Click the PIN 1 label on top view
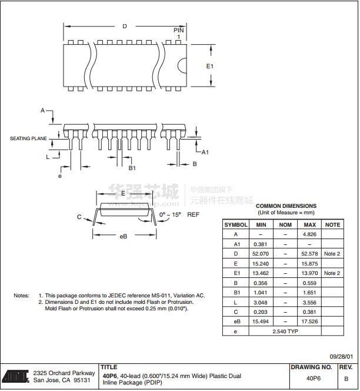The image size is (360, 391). coord(179,33)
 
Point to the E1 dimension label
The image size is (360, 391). coord(210,66)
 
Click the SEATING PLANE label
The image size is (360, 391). coord(28,138)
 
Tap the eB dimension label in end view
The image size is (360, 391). coord(124,236)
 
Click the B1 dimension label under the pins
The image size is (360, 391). coord(132,168)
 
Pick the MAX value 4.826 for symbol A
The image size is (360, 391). coord(309,234)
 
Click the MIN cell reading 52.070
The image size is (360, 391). coord(260,254)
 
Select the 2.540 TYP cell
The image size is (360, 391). coord(285,332)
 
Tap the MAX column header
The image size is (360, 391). coord(309,224)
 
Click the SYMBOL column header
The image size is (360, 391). coord(236,224)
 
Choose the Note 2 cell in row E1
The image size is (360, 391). coord(332,273)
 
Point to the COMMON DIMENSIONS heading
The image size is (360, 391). coord(285,206)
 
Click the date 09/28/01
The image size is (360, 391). coord(341,356)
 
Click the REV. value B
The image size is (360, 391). coord(346,379)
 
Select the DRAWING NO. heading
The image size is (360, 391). coord(311,367)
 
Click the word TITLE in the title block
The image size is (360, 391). coord(109,367)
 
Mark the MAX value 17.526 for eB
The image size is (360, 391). coord(309,322)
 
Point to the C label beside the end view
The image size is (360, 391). coord(79,217)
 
